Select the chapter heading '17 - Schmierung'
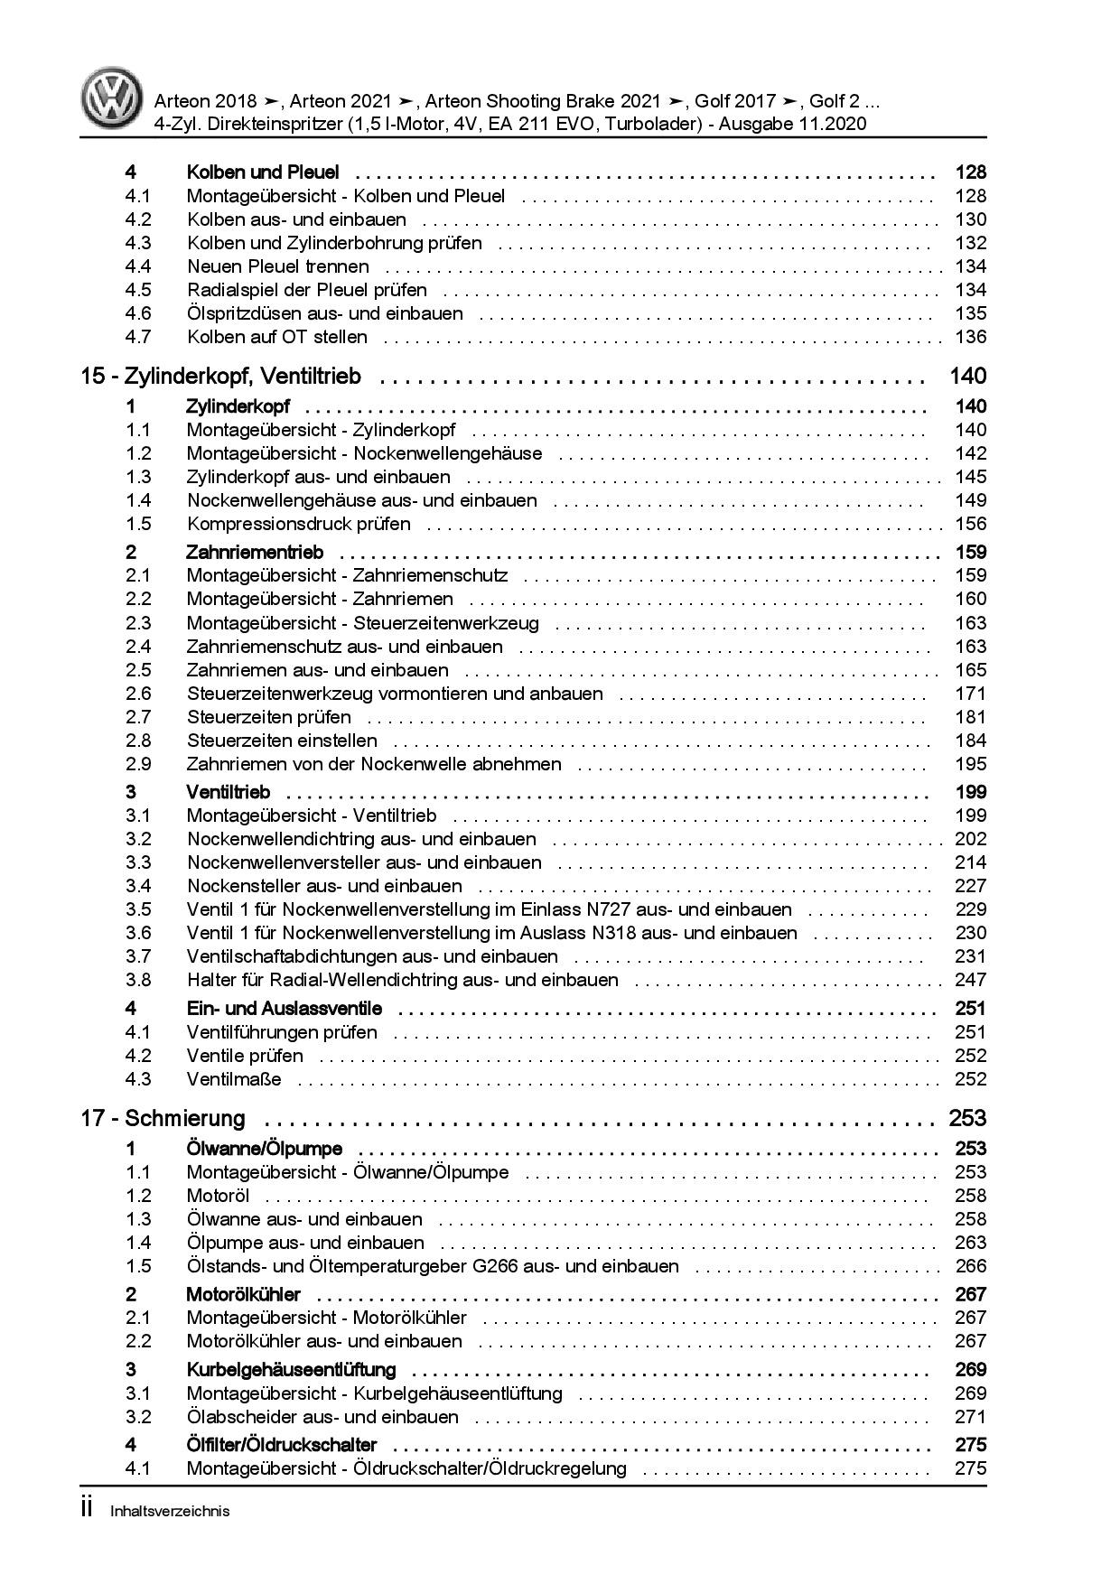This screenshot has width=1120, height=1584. (x=163, y=1119)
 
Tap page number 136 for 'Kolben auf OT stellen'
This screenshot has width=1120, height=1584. (x=970, y=337)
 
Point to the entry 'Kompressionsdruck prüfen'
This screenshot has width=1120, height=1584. (x=299, y=524)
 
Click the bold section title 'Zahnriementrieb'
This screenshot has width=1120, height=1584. (x=255, y=552)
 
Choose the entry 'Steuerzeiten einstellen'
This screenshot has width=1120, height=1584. (x=282, y=741)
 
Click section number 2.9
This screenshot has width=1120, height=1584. (x=138, y=764)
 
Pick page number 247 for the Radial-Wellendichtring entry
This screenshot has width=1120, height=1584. (x=970, y=980)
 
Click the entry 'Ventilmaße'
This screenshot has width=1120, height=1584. (x=234, y=1079)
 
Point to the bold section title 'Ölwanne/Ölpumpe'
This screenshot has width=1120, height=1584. (x=265, y=1149)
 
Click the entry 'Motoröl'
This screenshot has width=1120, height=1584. (x=218, y=1196)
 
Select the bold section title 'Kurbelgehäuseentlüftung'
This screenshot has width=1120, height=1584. (x=292, y=1369)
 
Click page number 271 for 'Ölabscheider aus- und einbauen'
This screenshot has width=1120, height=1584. (x=970, y=1417)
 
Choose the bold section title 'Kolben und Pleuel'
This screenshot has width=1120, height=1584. (x=263, y=172)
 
